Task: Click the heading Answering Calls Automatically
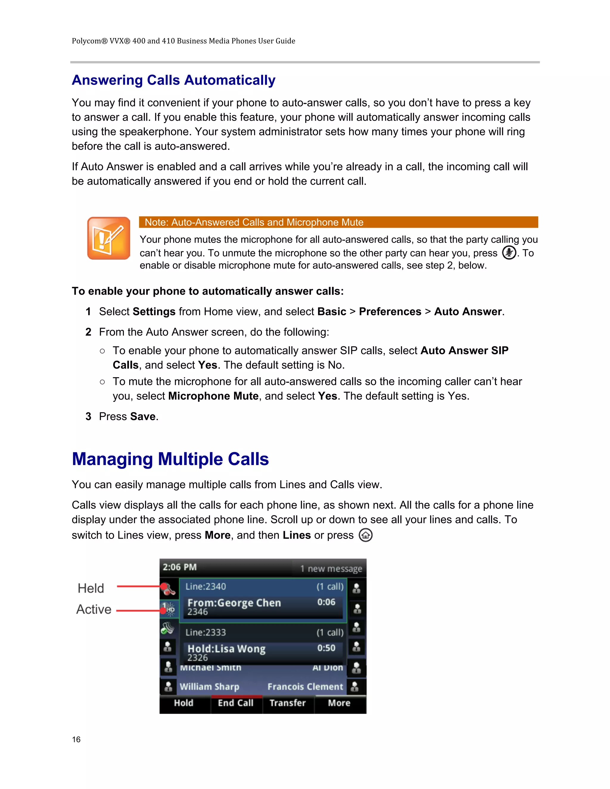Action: pos(173,80)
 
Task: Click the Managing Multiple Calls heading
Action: pos(170,459)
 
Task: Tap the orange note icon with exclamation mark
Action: pos(108,238)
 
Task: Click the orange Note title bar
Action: pos(338,222)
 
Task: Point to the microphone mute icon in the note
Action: pos(509,252)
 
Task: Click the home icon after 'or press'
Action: pos(365,535)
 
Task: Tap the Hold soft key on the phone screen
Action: pos(183,703)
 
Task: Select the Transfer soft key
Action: pos(288,703)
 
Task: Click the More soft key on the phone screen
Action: pos(339,703)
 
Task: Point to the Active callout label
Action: pos(94,609)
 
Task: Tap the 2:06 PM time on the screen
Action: pos(180,567)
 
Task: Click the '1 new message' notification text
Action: pos(331,569)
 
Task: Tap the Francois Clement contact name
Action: pos(305,687)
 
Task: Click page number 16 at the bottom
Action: pos(76,740)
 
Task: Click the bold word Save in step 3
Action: pos(143,417)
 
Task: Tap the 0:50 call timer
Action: pos(326,648)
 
